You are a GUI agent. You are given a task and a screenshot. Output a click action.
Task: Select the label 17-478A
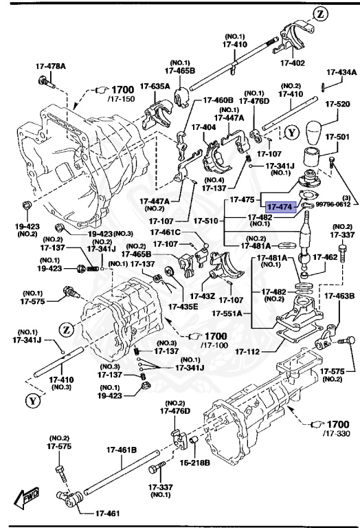click(51, 67)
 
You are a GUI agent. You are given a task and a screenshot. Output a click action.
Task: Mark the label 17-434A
click(341, 71)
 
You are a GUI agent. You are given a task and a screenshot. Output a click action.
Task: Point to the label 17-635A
click(155, 87)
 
